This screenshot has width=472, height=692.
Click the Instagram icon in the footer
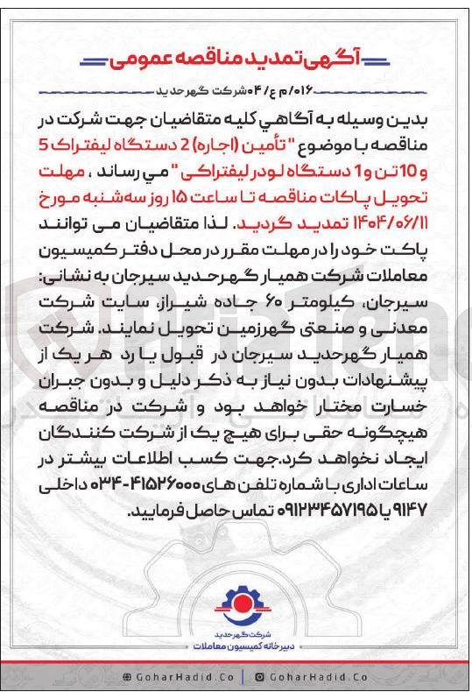[260, 677]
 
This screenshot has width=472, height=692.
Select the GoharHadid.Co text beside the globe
[174, 677]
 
